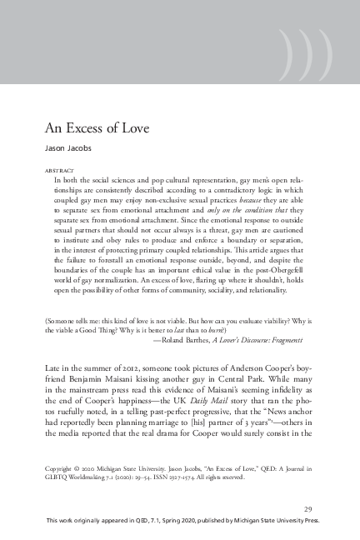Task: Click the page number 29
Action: point(308,509)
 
